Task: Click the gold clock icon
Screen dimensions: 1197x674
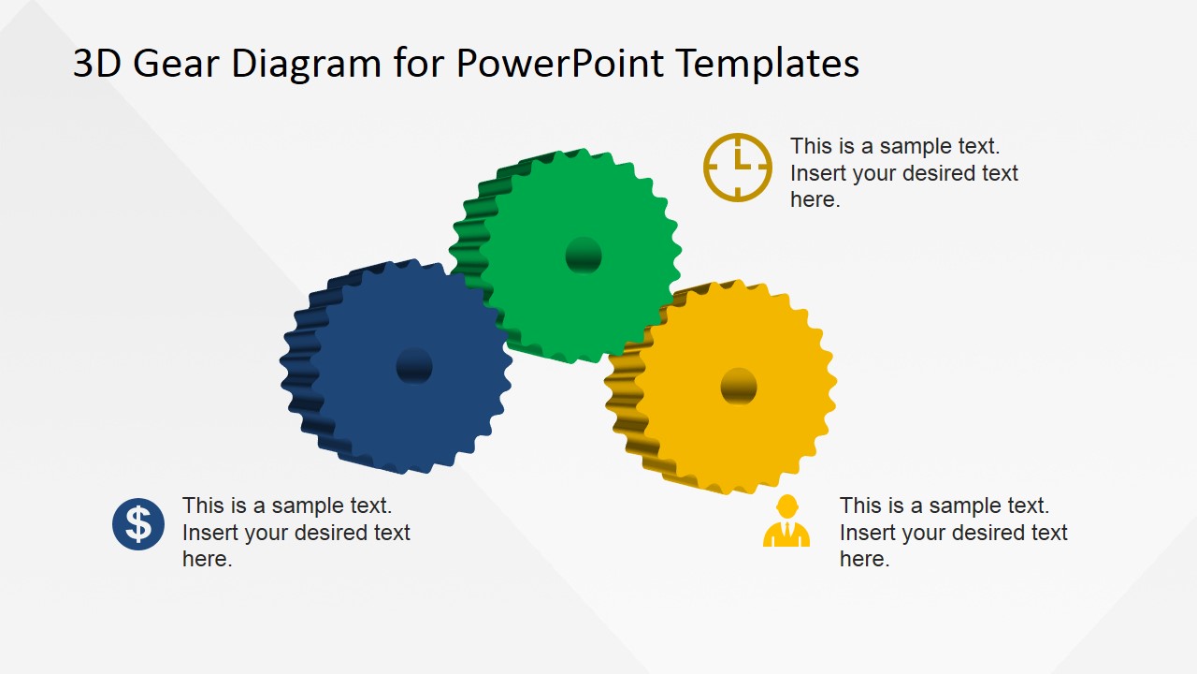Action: pos(738,167)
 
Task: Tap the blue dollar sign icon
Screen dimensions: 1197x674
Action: pos(138,524)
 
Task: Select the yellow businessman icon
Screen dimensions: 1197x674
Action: pos(786,522)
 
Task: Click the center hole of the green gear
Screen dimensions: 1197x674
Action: pos(584,255)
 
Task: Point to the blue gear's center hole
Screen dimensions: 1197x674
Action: pos(414,366)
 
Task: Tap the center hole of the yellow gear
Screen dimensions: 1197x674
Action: pos(739,386)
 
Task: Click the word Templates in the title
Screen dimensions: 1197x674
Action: pos(767,64)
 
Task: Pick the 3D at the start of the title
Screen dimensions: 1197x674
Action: pos(97,64)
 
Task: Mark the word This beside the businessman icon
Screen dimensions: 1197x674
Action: pos(860,505)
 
